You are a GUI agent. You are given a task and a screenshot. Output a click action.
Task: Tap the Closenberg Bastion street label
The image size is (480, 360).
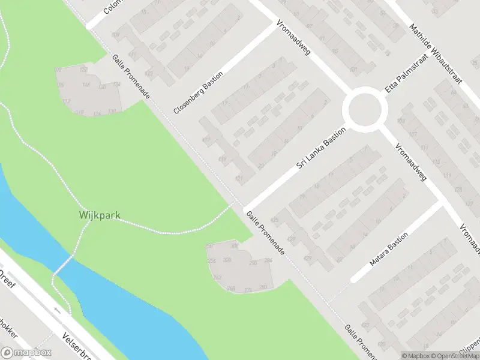[198, 92]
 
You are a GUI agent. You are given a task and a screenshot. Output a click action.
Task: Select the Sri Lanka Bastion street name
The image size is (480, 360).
[322, 148]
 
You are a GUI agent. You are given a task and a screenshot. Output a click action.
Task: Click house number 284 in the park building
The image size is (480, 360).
[268, 260]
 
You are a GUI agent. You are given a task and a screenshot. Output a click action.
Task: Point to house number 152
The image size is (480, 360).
[83, 70]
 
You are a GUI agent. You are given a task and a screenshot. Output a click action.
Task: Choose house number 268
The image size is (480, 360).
[231, 289]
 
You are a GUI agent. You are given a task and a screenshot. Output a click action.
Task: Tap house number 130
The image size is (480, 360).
[112, 111]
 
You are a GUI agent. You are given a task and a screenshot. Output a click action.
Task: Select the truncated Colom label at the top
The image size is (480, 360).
[113, 7]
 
